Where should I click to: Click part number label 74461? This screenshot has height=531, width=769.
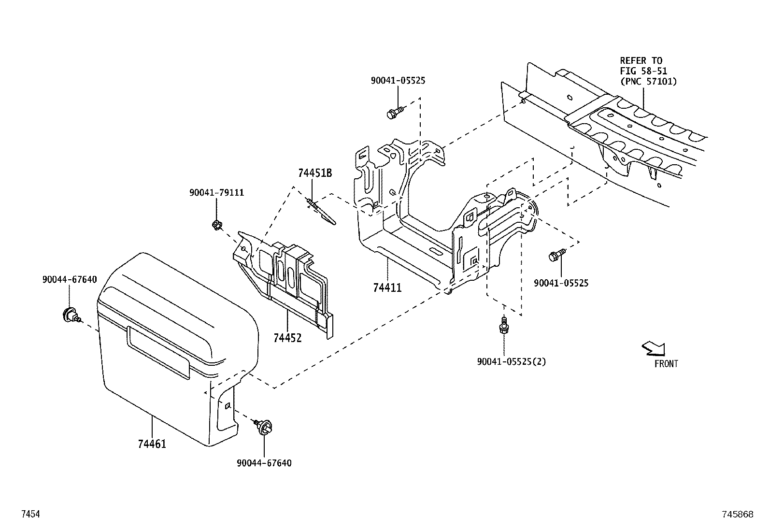(x=152, y=444)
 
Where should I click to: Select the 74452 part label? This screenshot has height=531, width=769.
(x=287, y=338)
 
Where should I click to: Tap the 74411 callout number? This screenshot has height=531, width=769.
(x=387, y=288)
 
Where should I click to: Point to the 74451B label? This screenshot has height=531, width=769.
(x=315, y=173)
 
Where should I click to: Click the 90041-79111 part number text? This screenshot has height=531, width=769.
(x=216, y=193)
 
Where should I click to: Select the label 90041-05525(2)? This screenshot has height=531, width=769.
(x=511, y=361)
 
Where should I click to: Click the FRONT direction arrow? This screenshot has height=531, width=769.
(x=654, y=348)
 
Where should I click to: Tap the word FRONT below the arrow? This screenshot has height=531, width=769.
(x=666, y=364)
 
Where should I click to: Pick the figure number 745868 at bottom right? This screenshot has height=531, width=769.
(x=738, y=515)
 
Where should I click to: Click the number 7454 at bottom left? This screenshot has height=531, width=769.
(x=30, y=515)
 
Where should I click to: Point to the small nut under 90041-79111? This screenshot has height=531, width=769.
(x=217, y=224)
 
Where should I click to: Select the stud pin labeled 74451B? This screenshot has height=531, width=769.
(x=320, y=212)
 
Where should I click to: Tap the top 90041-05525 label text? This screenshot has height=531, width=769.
(x=398, y=81)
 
